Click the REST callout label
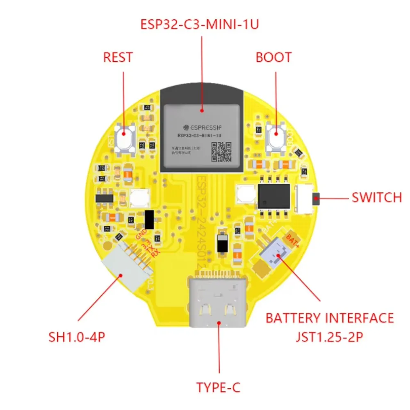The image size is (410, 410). pyautogui.click(x=118, y=57)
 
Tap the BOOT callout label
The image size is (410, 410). pyautogui.click(x=273, y=57)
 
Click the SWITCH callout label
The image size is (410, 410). pyautogui.click(x=377, y=198)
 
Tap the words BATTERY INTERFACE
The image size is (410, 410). pyautogui.click(x=330, y=318)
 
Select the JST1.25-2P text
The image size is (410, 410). pyautogui.click(x=329, y=337)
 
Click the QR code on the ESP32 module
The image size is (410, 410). pyautogui.click(x=221, y=151)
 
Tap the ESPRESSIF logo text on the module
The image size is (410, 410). pyautogui.click(x=200, y=128)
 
